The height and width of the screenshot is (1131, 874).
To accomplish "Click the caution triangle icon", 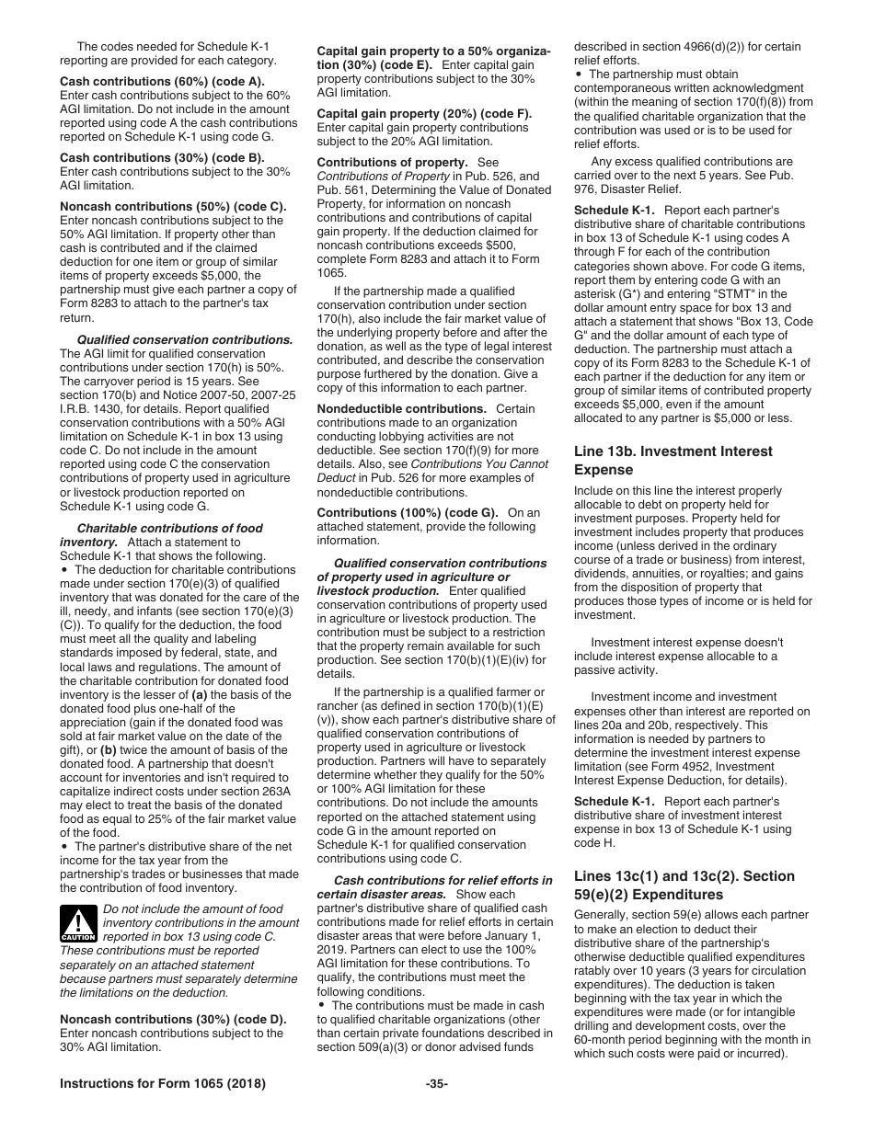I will [x=78, y=923].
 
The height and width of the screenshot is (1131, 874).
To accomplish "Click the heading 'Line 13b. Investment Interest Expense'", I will [x=673, y=460].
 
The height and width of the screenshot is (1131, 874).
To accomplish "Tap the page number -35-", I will [x=436, y=1084].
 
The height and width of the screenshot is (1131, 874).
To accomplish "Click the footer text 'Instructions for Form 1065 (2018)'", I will [x=163, y=1084].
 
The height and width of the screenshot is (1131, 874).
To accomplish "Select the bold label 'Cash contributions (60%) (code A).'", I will [x=162, y=81].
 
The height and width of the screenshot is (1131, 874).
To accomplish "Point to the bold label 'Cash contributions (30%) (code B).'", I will [x=162, y=157].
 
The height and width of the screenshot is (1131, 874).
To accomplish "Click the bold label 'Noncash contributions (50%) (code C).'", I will [x=173, y=206].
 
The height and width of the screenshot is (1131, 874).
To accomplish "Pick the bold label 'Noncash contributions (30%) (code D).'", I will [x=173, y=1019].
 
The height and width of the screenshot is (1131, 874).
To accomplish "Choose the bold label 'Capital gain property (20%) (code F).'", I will [x=424, y=113].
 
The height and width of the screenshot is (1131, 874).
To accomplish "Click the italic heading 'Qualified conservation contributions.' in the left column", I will [x=184, y=339].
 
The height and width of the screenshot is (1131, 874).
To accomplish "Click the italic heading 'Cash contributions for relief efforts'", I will [x=443, y=880].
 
